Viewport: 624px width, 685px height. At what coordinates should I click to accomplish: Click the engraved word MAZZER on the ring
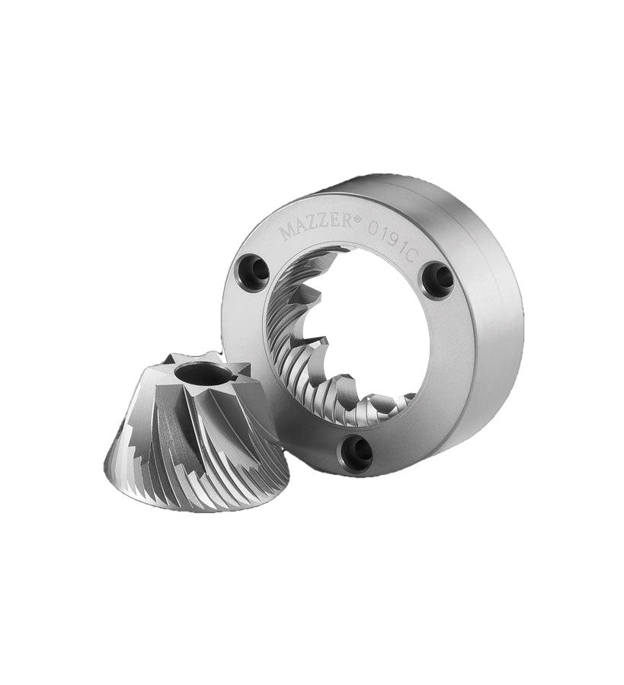(x=316, y=228)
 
